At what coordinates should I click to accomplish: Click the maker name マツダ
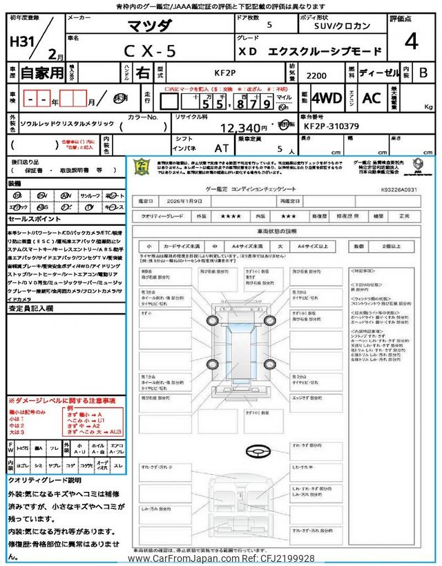151,27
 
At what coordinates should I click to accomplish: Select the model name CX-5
150,50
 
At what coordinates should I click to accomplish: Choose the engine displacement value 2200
316,77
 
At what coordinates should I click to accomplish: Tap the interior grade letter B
423,72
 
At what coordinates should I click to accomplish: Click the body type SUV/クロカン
337,26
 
